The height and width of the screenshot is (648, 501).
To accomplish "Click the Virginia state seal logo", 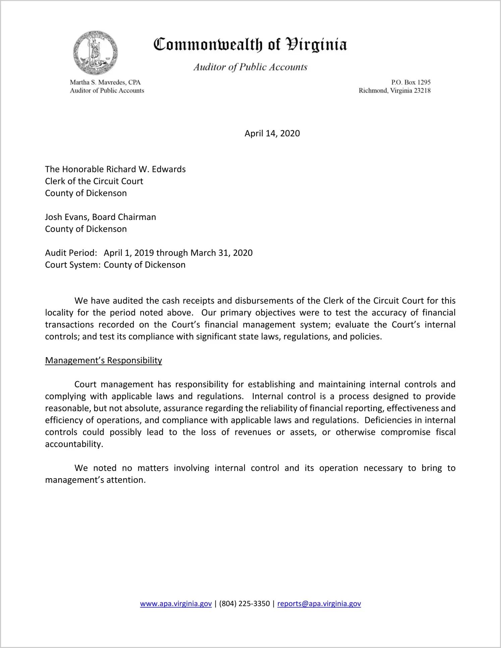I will pos(96,53).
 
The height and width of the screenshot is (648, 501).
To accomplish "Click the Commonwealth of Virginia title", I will pos(250,45).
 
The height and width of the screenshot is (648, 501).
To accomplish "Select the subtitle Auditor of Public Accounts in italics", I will pos(250,67).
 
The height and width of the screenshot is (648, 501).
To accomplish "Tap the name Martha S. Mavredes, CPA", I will pos(105,82).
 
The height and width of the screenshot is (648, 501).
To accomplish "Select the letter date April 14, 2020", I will pos(272,134).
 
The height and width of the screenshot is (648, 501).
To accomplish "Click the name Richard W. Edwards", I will pos(146,169).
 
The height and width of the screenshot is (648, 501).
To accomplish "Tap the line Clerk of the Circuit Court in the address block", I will pos(94,181).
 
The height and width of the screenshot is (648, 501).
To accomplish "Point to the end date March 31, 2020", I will pos(221,253).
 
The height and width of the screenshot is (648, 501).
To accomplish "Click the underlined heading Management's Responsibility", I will pos(103,360).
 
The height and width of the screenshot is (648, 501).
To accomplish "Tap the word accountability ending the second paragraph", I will pos(74,444).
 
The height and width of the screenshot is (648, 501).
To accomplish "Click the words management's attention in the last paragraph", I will pos(95,480).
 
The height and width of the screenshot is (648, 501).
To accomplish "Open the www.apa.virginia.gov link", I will pos(176,604).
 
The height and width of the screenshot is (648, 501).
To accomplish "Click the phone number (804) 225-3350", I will pos(244,604).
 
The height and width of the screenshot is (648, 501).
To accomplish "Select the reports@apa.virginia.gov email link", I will pos(319,604).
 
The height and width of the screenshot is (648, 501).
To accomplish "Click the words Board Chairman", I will pos(124,217).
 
